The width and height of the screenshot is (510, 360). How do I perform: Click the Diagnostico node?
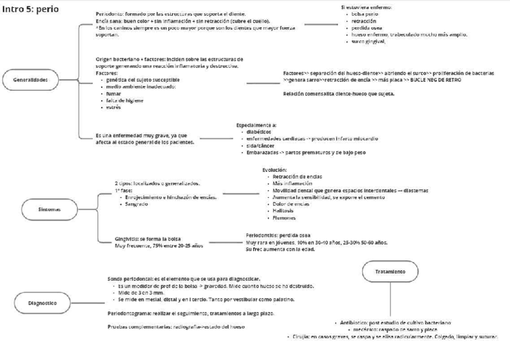42,304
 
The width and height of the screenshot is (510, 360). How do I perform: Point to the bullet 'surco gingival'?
370,41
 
